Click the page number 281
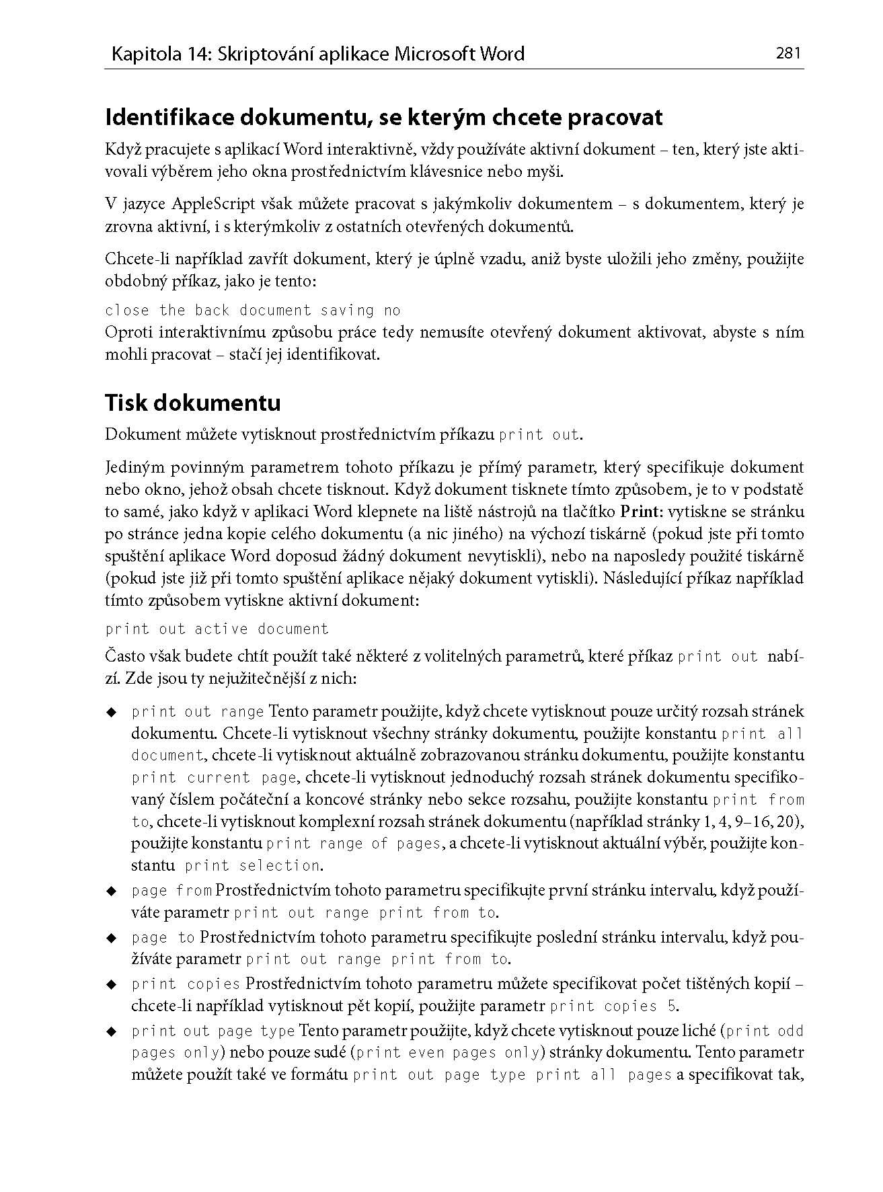pyautogui.click(x=789, y=53)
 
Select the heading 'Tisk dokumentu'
pyautogui.click(x=193, y=403)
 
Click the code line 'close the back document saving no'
pyautogui.click(x=253, y=311)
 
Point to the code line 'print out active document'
pyautogui.click(x=217, y=629)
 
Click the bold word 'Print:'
pyautogui.click(x=642, y=512)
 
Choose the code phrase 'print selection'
pyautogui.click(x=253, y=866)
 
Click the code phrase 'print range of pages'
pyautogui.click(x=354, y=844)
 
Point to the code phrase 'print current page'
pyautogui.click(x=214, y=778)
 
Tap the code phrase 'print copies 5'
pyautogui.click(x=613, y=1006)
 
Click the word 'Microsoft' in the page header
pyautogui.click(x=434, y=54)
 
